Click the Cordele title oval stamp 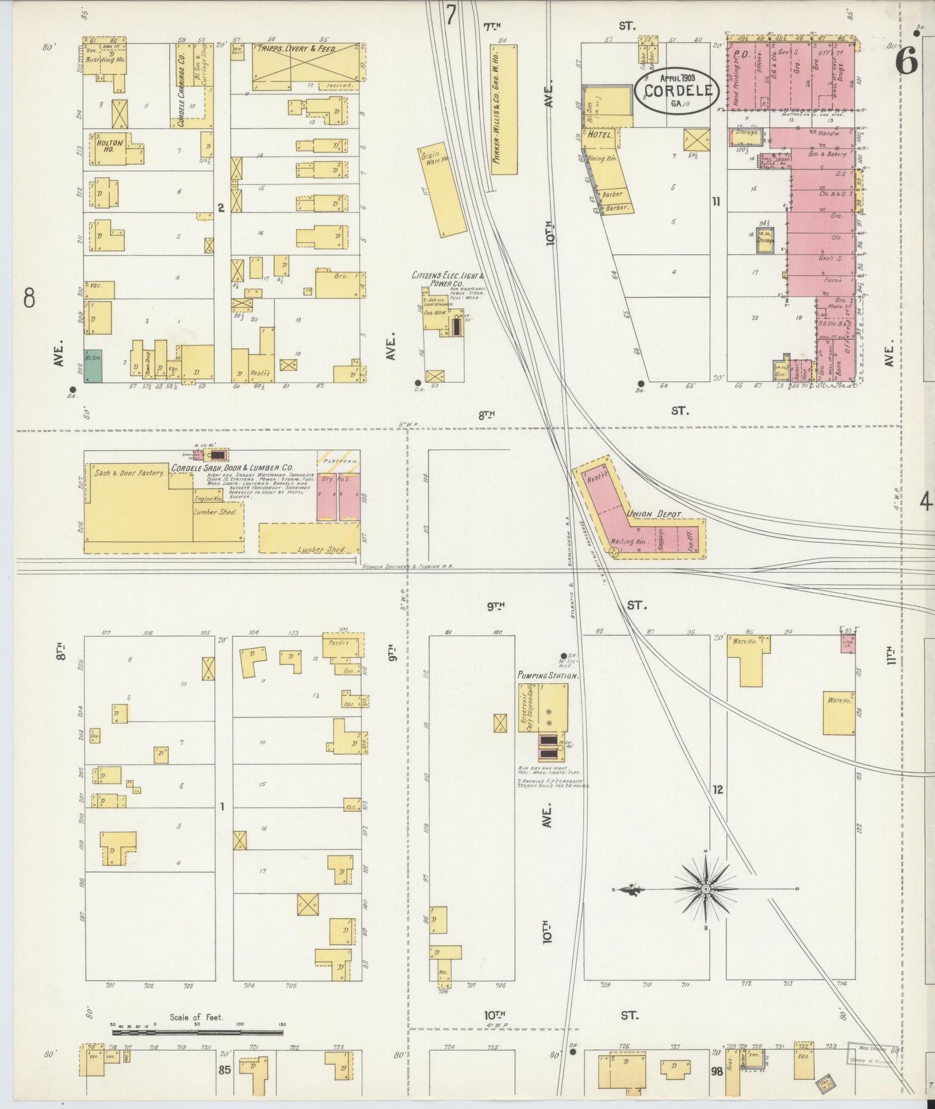coord(676,91)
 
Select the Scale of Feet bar coord(197,1033)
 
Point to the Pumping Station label coord(547,675)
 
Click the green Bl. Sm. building coord(93,366)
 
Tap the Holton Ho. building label coord(109,146)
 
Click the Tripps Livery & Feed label coord(297,49)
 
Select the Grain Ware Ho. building coord(443,190)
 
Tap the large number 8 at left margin coord(29,298)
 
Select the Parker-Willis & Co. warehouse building coord(504,110)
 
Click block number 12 coord(717,789)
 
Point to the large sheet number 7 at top coord(451,14)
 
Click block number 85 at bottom coord(224,1070)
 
